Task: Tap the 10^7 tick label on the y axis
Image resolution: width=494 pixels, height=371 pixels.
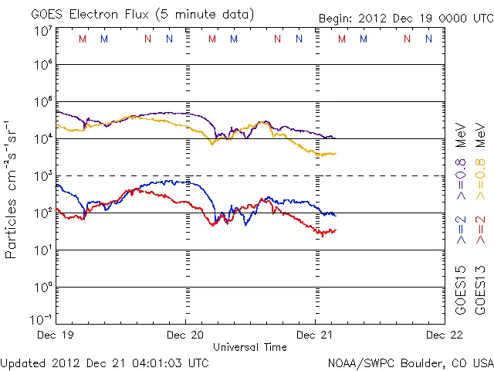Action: coord(43,30)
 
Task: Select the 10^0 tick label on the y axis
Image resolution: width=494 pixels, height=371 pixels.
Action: coord(43,287)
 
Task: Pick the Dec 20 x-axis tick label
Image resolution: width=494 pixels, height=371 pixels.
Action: coord(186,335)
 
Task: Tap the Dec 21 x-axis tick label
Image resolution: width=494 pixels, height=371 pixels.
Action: coord(316,335)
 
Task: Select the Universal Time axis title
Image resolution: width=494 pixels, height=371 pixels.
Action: coord(250,347)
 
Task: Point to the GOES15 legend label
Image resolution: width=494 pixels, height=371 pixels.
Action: coord(461,291)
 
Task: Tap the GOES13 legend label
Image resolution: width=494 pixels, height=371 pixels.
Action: coord(480,291)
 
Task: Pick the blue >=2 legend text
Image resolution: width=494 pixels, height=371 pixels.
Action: coord(461,230)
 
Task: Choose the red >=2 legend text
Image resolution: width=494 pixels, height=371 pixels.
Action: coord(480,230)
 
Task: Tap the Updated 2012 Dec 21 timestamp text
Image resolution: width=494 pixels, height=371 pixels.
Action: coord(104,362)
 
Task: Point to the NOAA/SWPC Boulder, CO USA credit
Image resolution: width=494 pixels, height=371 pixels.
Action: coord(410,362)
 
